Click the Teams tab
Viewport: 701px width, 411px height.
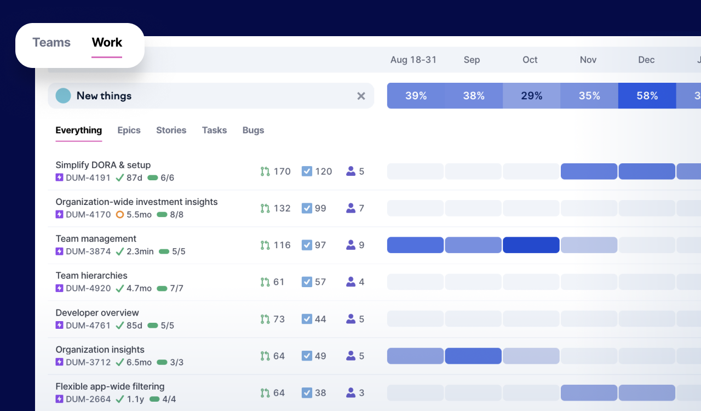click(x=51, y=42)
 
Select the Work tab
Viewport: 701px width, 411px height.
click(x=107, y=42)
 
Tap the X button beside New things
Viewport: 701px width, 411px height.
click(x=361, y=96)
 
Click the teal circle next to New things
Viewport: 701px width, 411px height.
click(x=63, y=95)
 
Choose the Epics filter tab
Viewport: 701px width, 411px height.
click(x=129, y=130)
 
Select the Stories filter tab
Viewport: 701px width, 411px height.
click(x=171, y=130)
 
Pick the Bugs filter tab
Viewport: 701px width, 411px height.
click(x=253, y=130)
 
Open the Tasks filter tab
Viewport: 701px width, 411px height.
click(x=214, y=130)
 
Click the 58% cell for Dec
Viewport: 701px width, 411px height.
click(x=647, y=95)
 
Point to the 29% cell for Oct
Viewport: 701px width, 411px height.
click(x=531, y=95)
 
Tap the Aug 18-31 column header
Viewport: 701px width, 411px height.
click(x=413, y=60)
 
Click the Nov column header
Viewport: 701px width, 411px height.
click(x=588, y=60)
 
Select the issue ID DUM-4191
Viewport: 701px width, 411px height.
click(x=88, y=178)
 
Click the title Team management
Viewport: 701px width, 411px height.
click(x=96, y=239)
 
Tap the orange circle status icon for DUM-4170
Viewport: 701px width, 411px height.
click(x=119, y=215)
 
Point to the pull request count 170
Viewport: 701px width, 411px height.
click(x=282, y=172)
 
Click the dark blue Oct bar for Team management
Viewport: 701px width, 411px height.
click(x=531, y=245)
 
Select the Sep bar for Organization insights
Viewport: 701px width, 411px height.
click(x=473, y=356)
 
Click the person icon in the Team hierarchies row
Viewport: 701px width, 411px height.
click(x=351, y=282)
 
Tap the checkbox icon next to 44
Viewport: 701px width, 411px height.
click(x=307, y=319)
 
